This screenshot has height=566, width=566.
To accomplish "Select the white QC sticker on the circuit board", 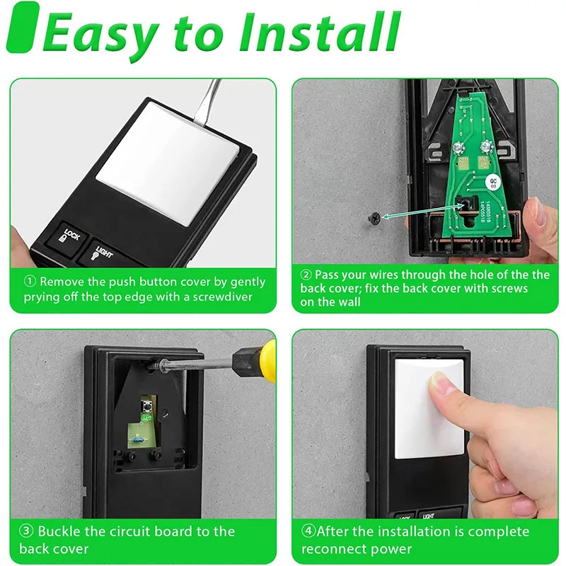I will click(496, 183).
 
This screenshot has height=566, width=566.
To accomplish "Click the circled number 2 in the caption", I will click(306, 275).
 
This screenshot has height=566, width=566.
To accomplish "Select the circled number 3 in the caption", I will click(25, 531).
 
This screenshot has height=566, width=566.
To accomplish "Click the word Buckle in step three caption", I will click(59, 531).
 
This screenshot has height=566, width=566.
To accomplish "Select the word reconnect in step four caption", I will click(335, 549).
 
